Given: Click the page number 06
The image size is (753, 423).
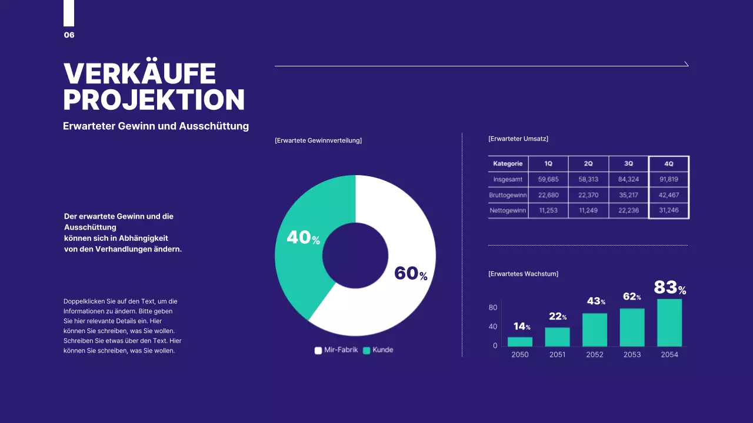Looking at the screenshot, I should [69, 35].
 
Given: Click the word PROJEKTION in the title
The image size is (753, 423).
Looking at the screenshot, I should [154, 100].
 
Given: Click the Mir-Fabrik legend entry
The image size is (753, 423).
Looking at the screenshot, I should [336, 350].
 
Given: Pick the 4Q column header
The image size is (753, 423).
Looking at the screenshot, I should [668, 164].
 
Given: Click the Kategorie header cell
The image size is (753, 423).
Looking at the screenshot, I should [508, 164].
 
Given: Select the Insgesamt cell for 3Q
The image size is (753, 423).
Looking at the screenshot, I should [628, 179].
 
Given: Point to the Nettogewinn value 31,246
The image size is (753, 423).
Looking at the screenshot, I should [668, 210].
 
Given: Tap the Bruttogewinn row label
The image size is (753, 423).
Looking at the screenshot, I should [508, 195].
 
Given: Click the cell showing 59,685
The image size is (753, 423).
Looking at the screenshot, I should [548, 179].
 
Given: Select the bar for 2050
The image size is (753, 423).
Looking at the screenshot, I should [520, 341].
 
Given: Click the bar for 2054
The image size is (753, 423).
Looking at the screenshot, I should [669, 323].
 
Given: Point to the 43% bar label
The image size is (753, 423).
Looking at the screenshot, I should [596, 301].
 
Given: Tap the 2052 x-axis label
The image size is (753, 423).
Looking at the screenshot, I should [595, 355].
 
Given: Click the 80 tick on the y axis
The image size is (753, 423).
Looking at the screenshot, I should [493, 308].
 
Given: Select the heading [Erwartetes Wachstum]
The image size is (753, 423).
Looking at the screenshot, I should [523, 274].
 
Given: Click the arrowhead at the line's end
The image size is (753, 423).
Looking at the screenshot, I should [687, 64].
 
